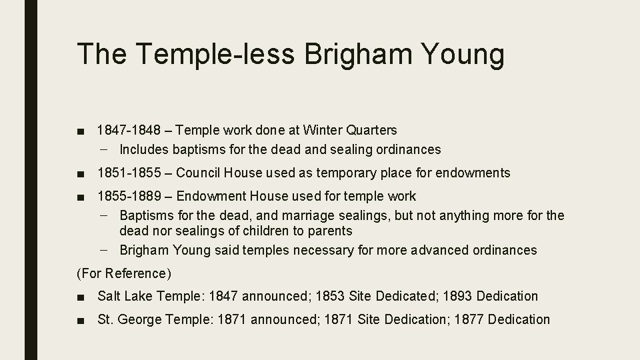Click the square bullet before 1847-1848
tap(81, 131)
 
